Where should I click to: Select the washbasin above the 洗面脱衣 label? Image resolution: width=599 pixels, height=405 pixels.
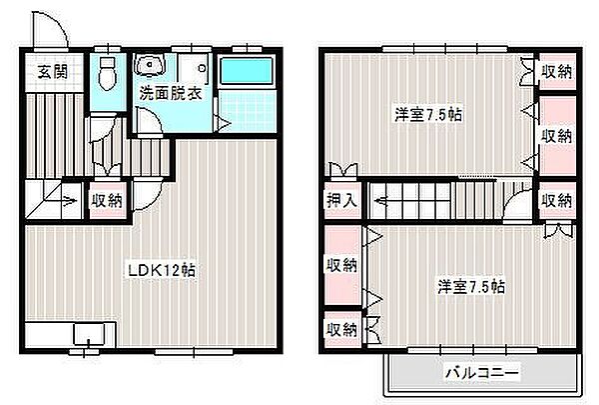pyautogui.click(x=151, y=67)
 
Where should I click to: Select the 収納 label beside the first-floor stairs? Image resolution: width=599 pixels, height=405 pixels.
pyautogui.click(x=107, y=200)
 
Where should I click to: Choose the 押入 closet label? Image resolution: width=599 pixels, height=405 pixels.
pyautogui.click(x=341, y=200)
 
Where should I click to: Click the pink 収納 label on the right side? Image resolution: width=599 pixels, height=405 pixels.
pyautogui.click(x=557, y=135)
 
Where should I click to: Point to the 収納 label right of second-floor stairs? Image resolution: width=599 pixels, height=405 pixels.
pyautogui.click(x=557, y=200)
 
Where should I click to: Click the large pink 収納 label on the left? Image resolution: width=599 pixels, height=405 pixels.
pyautogui.click(x=341, y=265)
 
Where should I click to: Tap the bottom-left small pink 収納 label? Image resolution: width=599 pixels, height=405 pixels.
pyautogui.click(x=341, y=328)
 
